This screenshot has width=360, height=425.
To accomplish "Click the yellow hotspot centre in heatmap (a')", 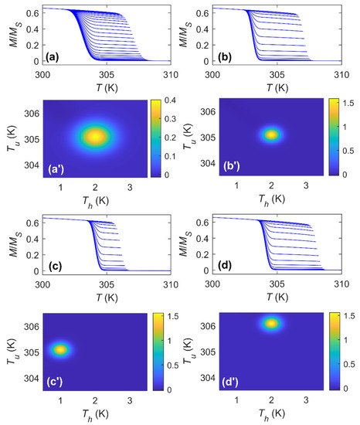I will (95, 137).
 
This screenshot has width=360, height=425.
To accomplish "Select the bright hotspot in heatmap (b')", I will (271, 134).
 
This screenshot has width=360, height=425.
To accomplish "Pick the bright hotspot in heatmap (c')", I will (60, 349).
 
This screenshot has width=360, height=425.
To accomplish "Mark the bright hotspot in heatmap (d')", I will (271, 323).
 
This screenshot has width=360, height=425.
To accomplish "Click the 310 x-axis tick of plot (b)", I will (341, 74).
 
